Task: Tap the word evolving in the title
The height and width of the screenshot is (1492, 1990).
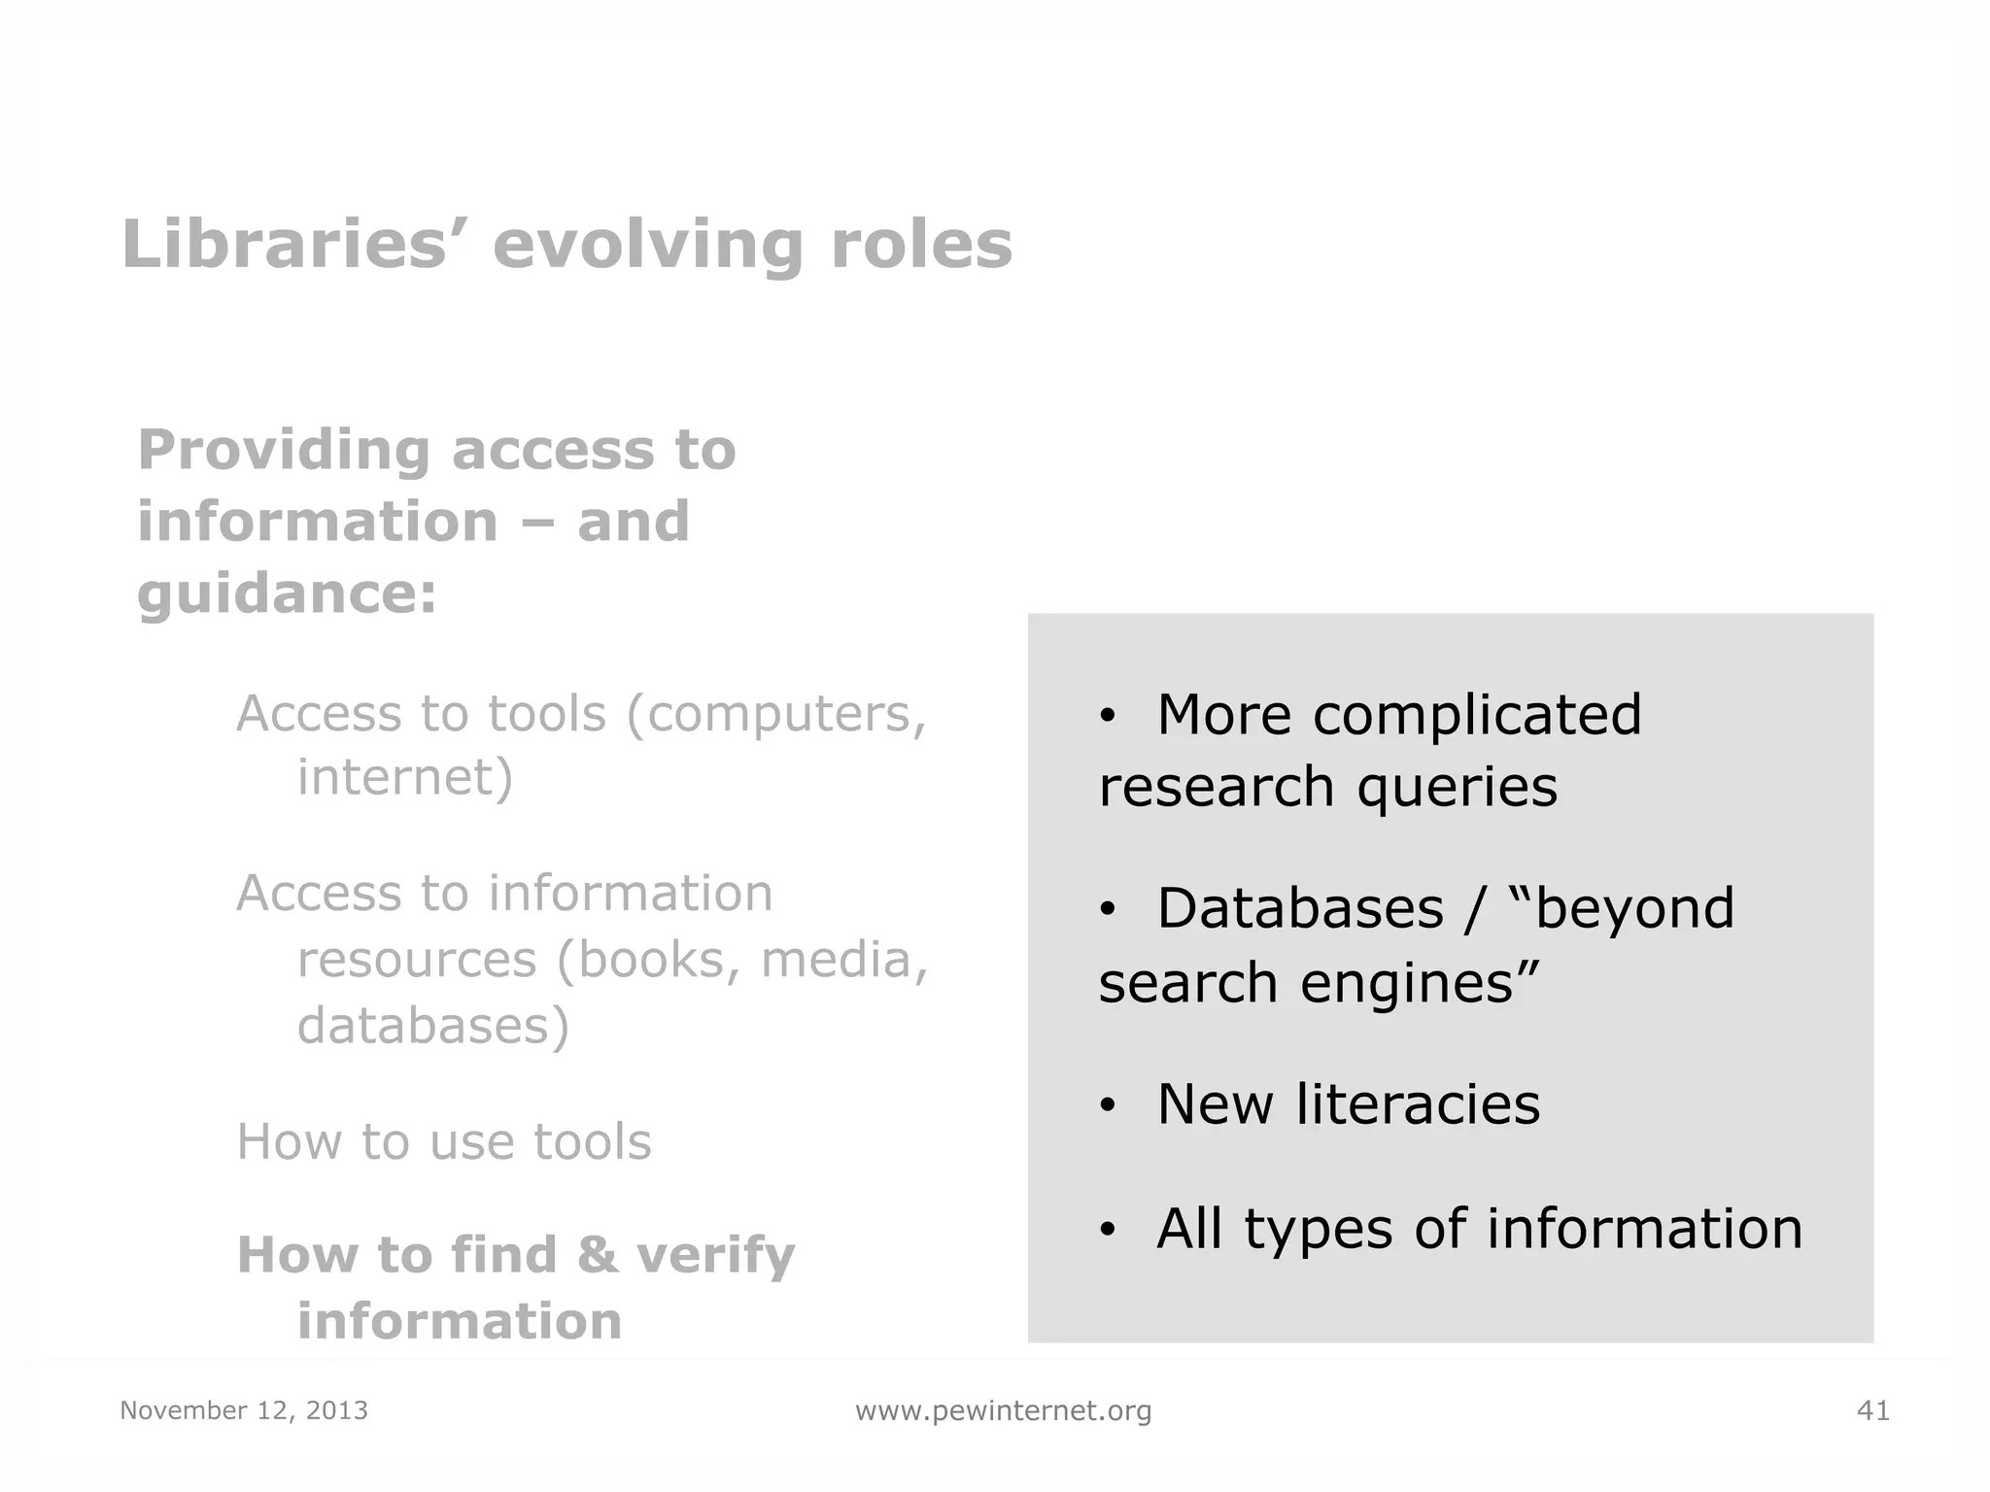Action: [x=647, y=245]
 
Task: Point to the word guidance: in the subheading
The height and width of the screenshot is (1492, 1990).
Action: [x=288, y=594]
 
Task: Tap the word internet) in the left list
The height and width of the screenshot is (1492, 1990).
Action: [x=405, y=777]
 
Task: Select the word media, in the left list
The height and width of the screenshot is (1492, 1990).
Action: [x=844, y=960]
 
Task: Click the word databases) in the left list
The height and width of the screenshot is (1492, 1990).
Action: [x=433, y=1026]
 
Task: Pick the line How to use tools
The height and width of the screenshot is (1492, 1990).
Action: [x=444, y=1141]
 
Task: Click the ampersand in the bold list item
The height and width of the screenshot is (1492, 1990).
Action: [x=598, y=1254]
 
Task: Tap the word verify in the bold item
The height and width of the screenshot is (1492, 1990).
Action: [x=715, y=1256]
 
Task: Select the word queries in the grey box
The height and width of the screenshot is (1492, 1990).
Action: [x=1457, y=787]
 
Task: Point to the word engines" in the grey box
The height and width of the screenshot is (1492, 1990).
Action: [x=1420, y=983]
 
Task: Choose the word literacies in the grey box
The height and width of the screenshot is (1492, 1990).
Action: [x=1418, y=1104]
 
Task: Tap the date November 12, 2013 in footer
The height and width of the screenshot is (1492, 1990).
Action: [x=244, y=1410]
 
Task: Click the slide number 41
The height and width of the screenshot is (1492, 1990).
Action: [x=1872, y=1410]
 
